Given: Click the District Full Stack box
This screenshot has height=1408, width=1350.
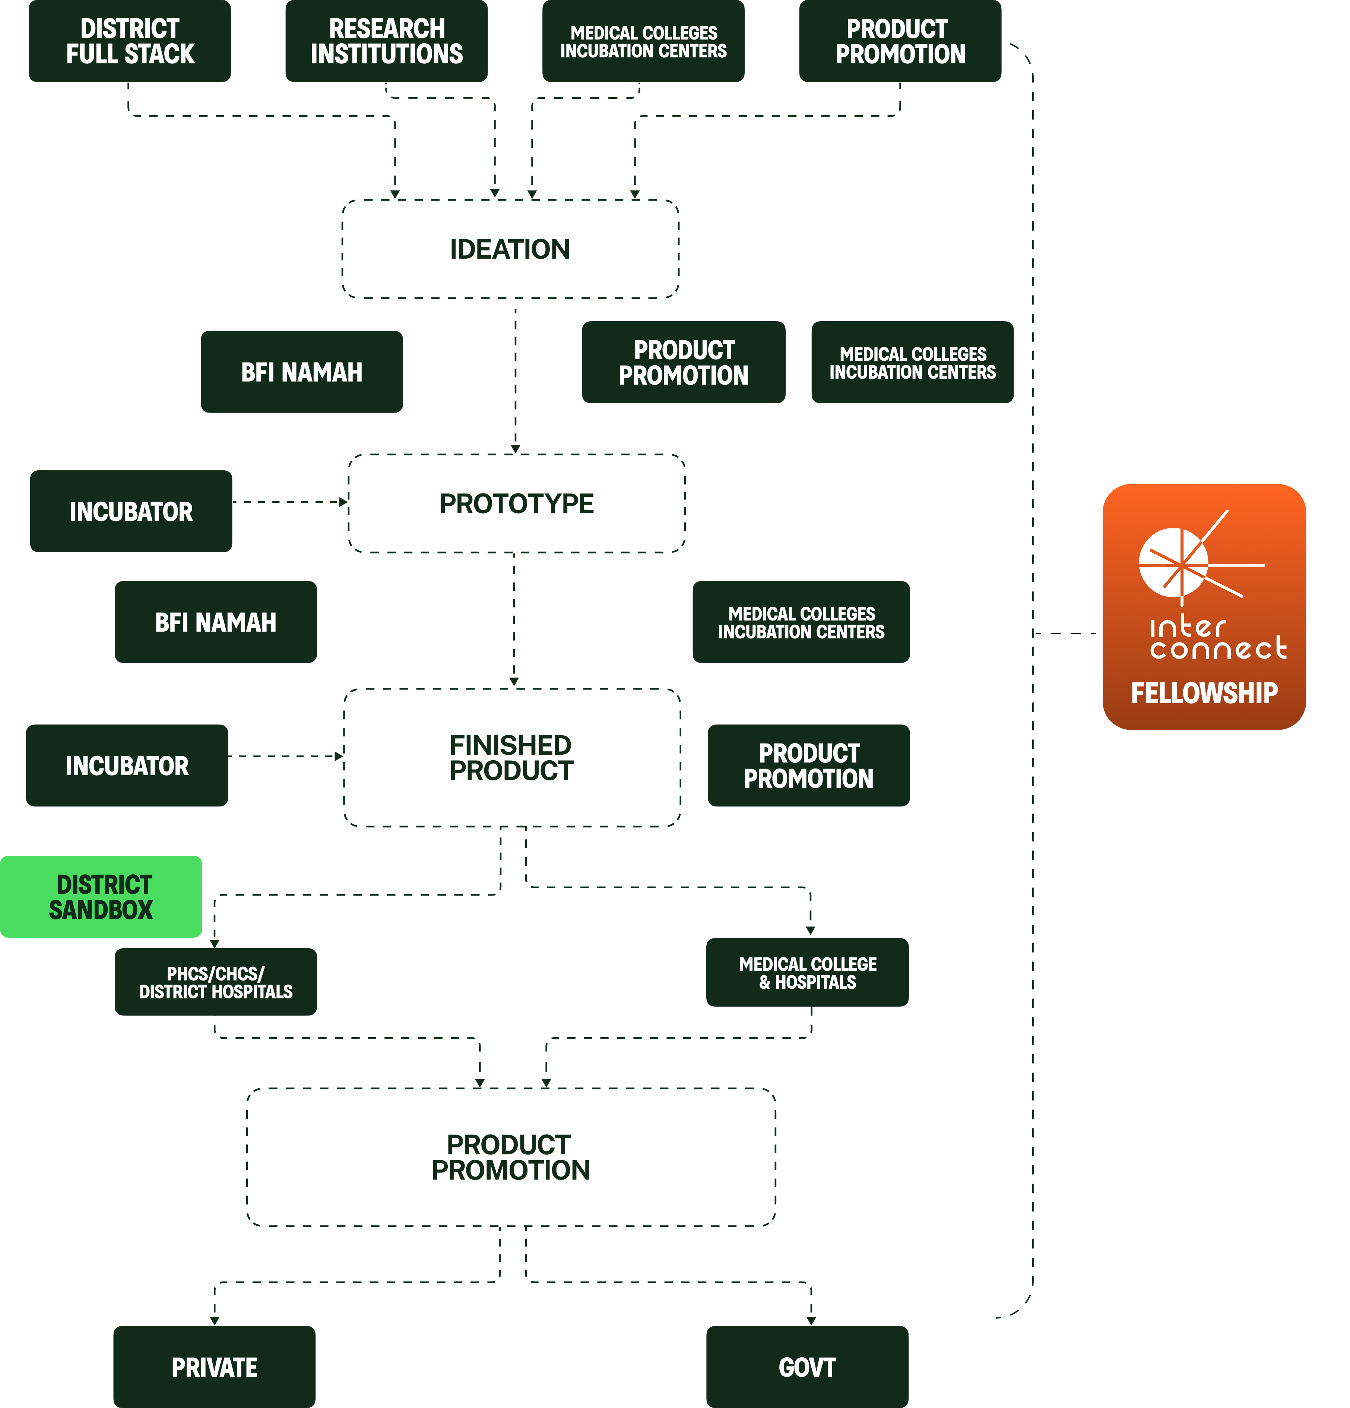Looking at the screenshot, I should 129,41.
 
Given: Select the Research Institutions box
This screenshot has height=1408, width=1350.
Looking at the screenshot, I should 386,41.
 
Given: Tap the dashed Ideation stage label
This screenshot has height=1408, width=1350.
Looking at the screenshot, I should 510,249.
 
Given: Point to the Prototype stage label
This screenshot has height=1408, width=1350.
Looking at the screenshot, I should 516,503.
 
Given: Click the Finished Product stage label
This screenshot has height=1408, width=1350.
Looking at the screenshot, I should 511,758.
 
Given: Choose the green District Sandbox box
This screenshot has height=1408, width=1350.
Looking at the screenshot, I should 101,897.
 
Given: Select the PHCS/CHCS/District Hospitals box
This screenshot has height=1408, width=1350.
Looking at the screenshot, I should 215,982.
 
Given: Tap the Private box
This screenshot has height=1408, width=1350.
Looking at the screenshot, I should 214,1367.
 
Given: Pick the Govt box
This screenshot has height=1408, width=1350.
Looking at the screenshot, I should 807,1367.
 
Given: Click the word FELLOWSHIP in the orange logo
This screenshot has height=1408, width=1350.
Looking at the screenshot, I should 1204,693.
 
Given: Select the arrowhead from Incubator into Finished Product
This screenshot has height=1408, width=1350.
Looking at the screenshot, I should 339,757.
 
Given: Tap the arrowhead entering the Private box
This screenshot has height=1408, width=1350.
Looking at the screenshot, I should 214,1320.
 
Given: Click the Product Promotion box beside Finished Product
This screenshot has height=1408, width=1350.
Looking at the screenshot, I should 809,766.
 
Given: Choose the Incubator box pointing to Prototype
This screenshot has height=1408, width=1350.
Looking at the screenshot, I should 131,511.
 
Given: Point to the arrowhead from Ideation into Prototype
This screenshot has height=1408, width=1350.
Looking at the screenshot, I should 515,449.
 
